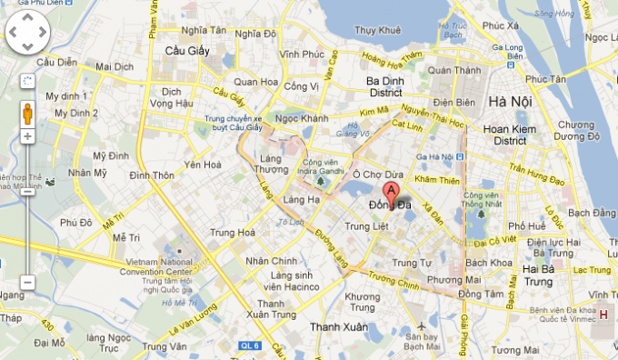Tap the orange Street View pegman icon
coord(27,114)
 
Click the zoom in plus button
coord(27,136)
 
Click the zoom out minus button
coord(27,283)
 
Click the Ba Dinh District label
coord(384,85)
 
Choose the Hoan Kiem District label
coord(505,135)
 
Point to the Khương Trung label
coord(363,297)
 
